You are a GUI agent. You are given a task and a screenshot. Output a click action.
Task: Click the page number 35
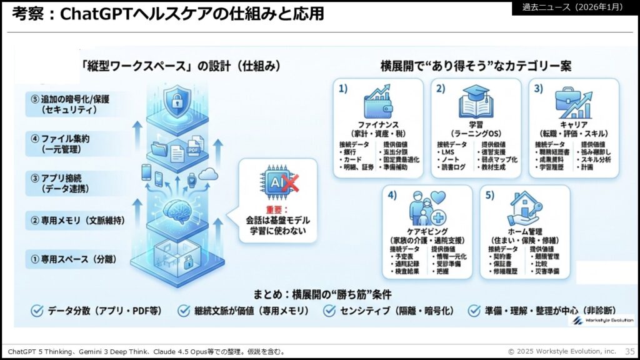pyautogui.click(x=629, y=351)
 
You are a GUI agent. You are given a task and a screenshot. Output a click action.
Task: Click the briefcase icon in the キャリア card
pyautogui.click(x=566, y=102)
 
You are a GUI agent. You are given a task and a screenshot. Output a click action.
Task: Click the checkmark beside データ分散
pyautogui.click(x=36, y=310)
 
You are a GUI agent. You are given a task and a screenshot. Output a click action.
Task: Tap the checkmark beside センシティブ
pyautogui.click(x=329, y=310)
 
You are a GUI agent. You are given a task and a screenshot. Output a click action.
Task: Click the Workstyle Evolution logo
pyautogui.click(x=603, y=320)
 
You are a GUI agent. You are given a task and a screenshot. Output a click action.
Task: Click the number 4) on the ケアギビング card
pyautogui.click(x=392, y=195)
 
